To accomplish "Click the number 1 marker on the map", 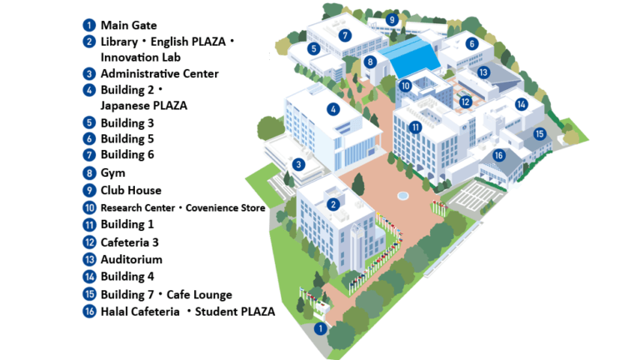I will coord(320,328).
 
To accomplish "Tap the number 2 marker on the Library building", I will coord(332,204).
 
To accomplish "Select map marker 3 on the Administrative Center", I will coord(297,164).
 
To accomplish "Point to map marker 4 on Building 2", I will coord(333,109).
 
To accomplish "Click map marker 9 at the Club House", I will coord(391,19).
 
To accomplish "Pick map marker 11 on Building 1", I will coord(416,127).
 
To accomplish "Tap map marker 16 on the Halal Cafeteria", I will coord(498,155).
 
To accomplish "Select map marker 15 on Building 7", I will coord(539,133).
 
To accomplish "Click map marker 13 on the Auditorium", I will coord(483,72).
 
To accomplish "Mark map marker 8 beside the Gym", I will coord(370,62).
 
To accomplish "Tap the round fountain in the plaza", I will coord(403,195).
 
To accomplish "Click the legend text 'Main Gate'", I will coord(128,25).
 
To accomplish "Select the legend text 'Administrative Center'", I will coord(159,73).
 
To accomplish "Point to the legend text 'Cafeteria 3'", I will coord(129,242).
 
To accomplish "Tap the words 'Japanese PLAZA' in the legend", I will coord(143,106).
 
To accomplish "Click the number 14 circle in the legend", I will coord(89,277).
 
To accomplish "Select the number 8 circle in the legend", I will coord(89,173).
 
